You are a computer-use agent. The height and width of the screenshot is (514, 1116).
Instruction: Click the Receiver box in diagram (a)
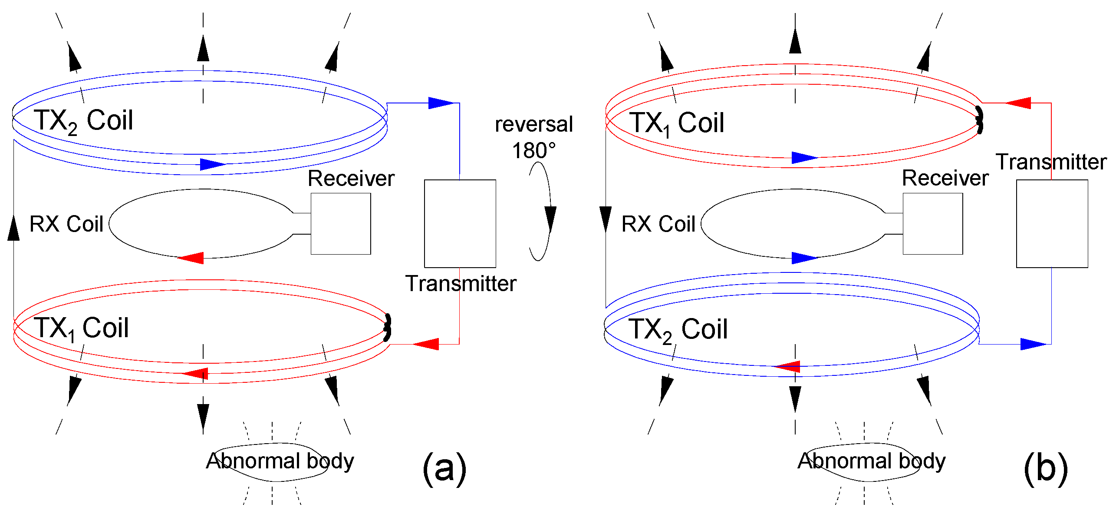tap(341, 224)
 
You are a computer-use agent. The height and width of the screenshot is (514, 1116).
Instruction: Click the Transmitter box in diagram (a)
tap(460, 224)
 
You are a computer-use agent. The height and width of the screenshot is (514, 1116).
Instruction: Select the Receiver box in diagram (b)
tap(933, 224)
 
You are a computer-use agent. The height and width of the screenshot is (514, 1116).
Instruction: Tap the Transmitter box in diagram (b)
tap(1052, 224)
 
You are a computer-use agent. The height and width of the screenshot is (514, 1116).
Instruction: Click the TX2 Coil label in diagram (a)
tap(83, 121)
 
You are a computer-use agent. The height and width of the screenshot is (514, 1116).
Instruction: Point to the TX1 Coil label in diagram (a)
tap(81, 328)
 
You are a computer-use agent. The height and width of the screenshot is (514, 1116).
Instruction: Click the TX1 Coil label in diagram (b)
tap(677, 123)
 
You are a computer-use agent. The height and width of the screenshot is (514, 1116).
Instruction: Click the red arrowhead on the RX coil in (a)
tap(191, 258)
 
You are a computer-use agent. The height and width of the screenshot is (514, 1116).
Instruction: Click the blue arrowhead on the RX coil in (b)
tap(804, 258)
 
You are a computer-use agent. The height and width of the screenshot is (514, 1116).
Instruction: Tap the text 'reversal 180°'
tap(534, 137)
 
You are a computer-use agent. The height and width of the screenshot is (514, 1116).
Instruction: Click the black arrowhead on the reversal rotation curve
tap(550, 219)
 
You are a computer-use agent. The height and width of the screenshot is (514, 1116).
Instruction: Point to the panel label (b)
tap(1045, 468)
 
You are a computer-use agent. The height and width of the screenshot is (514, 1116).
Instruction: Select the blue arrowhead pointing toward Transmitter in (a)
tap(440, 103)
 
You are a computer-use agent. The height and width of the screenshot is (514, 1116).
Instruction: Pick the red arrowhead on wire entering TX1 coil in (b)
tap(1018, 103)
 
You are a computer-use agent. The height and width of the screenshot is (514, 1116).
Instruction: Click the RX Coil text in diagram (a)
tap(66, 224)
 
